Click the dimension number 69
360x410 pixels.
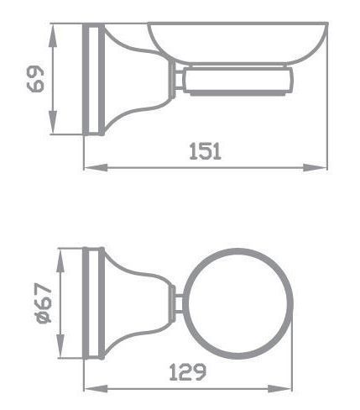point(36,79)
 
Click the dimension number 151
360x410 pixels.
point(206,151)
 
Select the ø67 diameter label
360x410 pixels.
point(44,303)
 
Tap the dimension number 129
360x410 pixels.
point(188,372)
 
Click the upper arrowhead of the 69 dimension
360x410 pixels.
point(53,35)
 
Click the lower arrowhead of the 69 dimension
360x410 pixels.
point(53,122)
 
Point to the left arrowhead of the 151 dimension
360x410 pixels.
point(96,168)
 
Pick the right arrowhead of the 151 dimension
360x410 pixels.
point(315,168)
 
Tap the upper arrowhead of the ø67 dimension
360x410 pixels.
point(60,260)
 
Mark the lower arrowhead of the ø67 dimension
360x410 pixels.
point(60,346)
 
